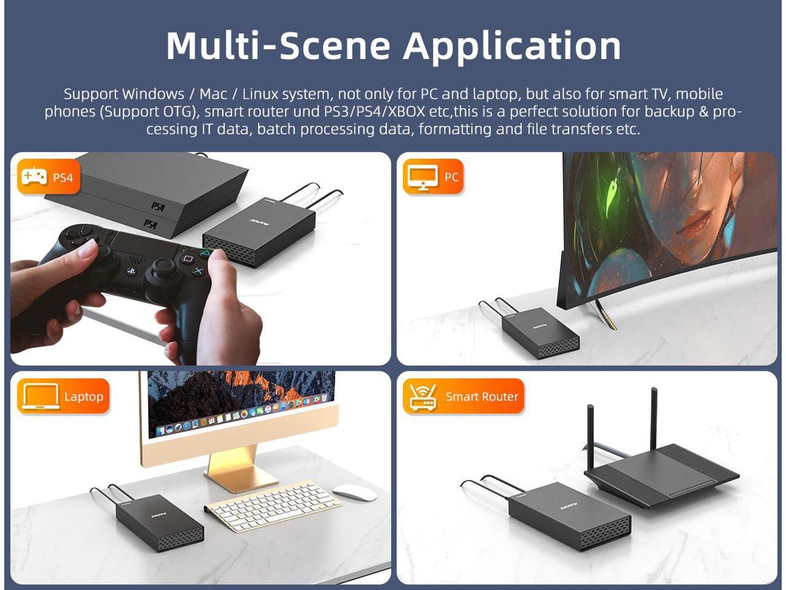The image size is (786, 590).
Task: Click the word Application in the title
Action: click(512, 47)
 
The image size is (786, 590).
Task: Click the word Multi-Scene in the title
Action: click(278, 46)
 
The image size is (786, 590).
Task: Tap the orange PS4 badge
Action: click(49, 176)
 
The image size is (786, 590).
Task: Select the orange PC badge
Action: click(434, 176)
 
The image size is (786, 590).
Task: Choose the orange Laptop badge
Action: click(63, 396)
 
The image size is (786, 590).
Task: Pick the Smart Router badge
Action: click(464, 396)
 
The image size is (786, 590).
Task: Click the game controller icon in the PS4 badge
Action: click(34, 176)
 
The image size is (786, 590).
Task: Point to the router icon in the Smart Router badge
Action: click(423, 397)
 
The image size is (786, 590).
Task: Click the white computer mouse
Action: click(354, 492)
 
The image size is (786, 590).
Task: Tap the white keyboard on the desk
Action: click(273, 506)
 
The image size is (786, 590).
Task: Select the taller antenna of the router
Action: click(654, 419)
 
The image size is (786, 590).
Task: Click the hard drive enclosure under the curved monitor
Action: click(540, 332)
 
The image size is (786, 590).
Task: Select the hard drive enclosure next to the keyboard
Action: click(160, 522)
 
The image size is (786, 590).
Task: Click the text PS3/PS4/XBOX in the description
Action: click(374, 111)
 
